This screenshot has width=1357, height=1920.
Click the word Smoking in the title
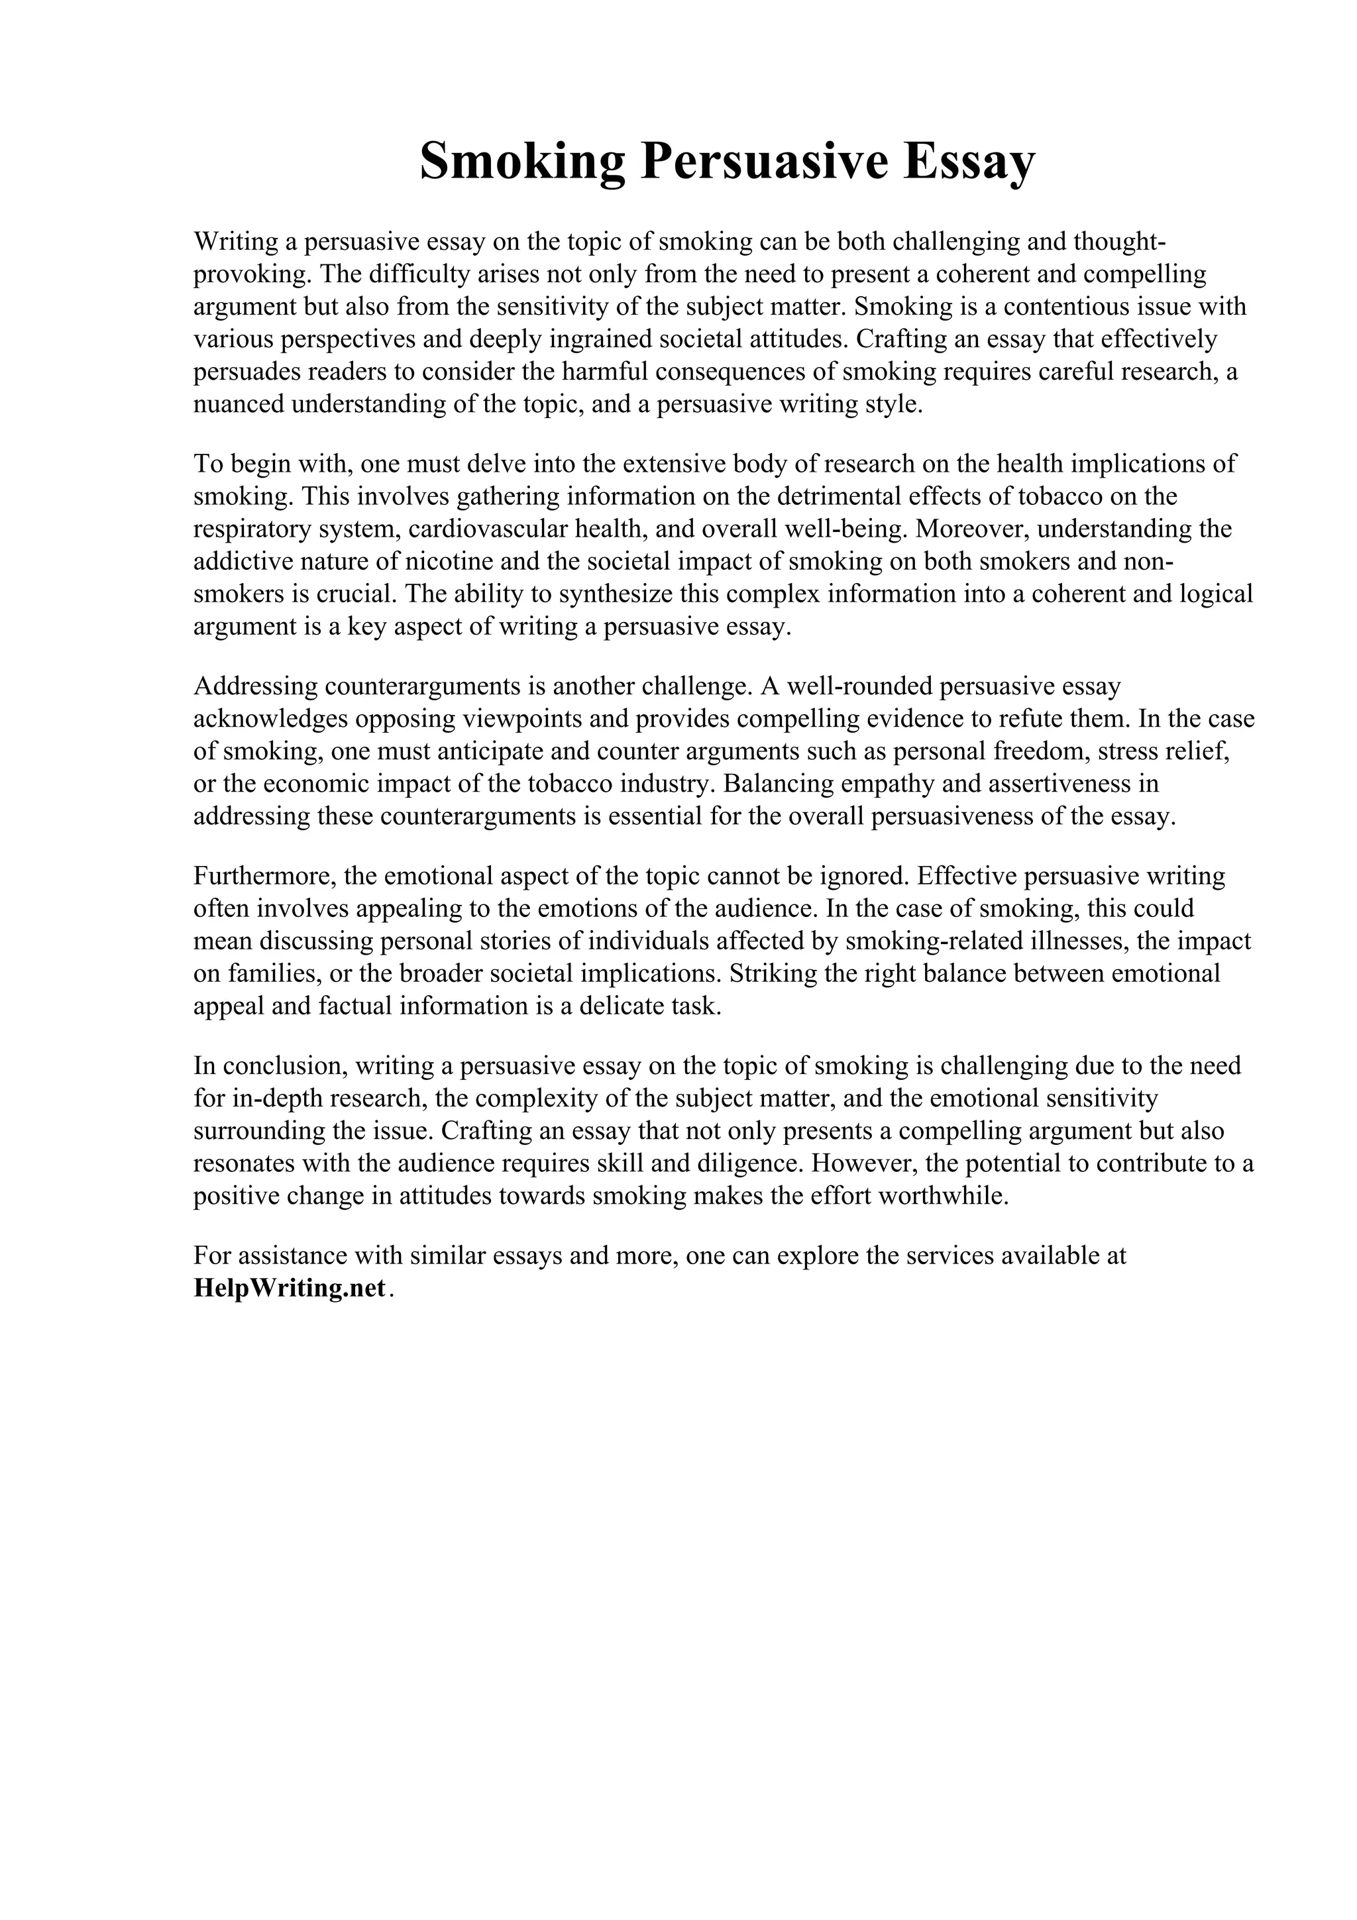[x=521, y=162]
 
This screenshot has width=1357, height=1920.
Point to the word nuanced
[x=233, y=405]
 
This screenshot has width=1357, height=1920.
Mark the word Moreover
[x=971, y=529]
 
